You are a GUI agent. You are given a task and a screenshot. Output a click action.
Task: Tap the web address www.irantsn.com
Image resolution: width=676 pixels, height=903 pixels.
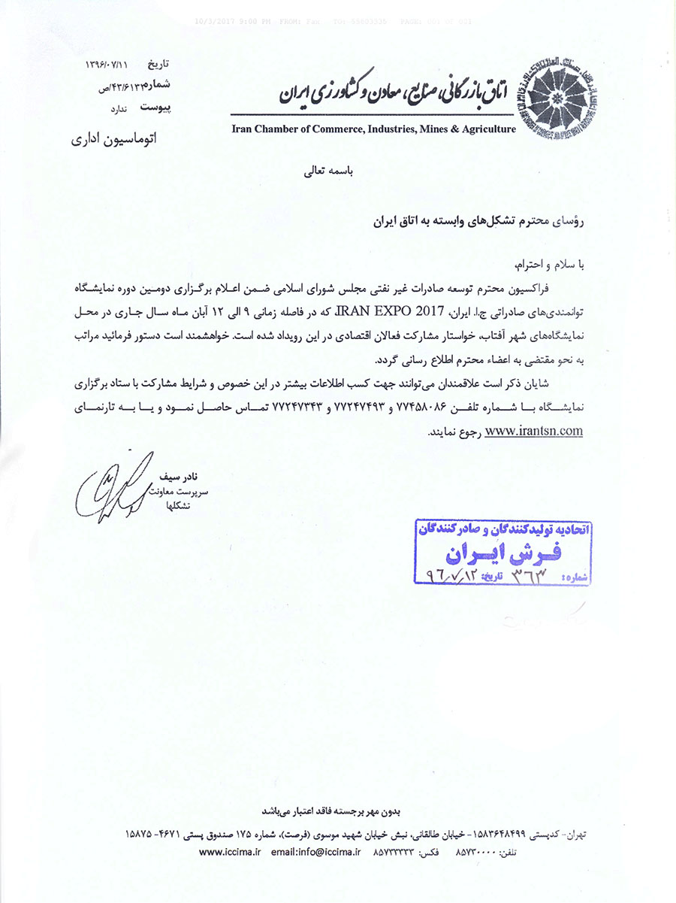point(534,432)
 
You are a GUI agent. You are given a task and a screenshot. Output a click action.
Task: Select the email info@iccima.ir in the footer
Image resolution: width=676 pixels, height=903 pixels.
point(316,852)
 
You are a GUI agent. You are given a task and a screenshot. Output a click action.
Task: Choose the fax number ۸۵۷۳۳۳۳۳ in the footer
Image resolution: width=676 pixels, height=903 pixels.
point(394,852)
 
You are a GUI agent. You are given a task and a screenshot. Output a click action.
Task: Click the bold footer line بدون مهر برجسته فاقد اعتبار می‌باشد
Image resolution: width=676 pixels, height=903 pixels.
point(332,811)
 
